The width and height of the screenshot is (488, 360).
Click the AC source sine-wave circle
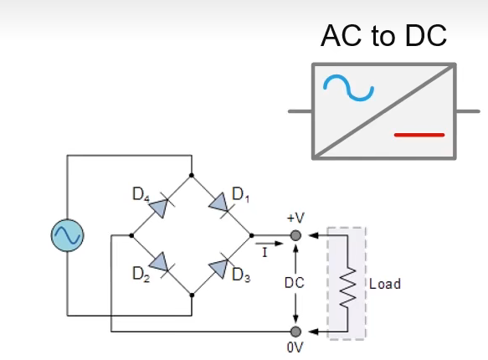66,235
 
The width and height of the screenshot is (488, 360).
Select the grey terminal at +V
295,236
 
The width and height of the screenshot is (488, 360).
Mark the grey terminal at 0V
295,331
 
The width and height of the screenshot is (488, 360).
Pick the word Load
385,284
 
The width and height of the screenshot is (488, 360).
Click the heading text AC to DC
384,36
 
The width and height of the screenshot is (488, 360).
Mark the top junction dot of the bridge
192,176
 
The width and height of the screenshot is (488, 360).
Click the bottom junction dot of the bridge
192,295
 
